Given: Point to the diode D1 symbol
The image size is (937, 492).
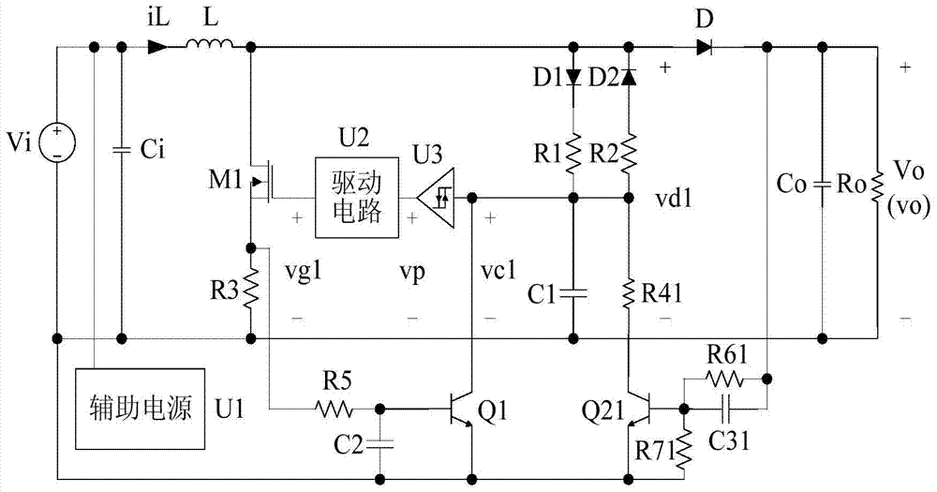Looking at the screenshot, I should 573,78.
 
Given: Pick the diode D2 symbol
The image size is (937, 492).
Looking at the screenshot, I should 628,78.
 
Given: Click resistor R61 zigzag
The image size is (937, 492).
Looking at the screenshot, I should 724,379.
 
